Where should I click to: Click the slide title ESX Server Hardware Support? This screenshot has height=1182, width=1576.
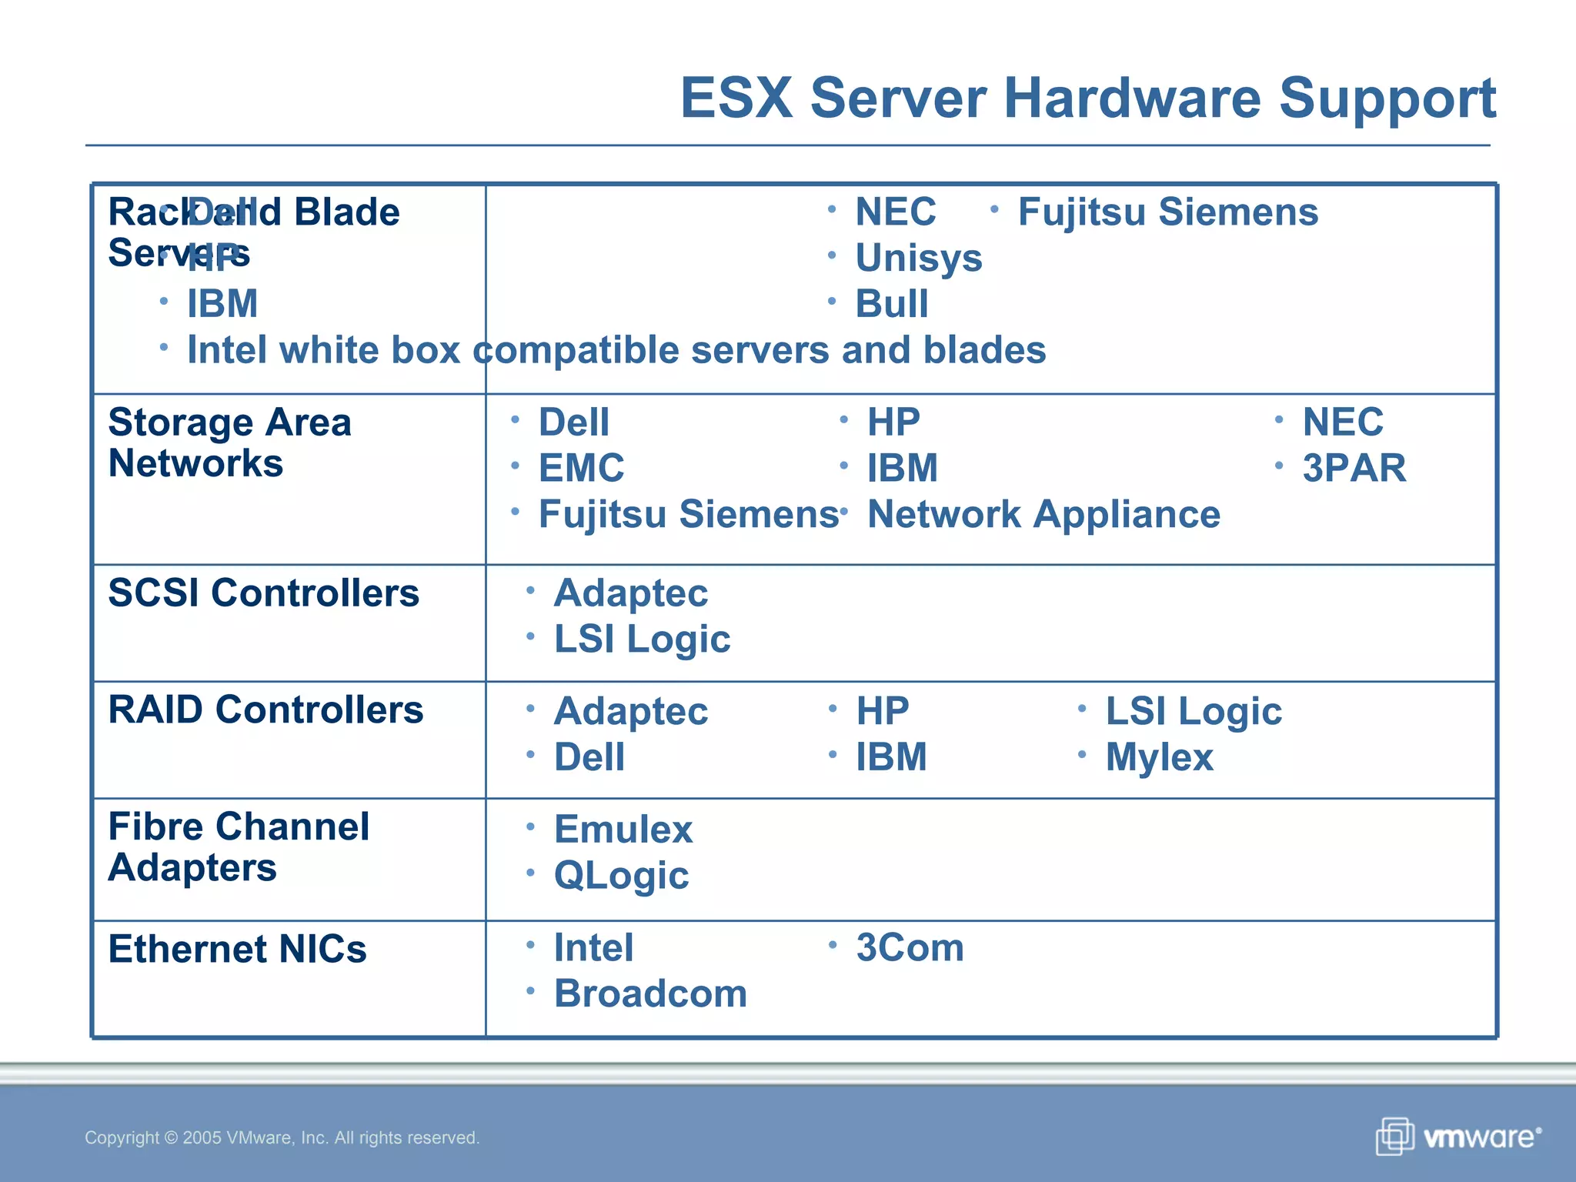tap(1087, 98)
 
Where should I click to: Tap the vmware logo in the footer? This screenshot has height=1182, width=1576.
tap(1459, 1137)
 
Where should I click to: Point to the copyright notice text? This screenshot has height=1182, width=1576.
tap(282, 1137)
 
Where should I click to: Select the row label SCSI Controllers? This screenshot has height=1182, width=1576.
tap(263, 593)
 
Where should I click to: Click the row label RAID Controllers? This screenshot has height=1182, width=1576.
tap(265, 710)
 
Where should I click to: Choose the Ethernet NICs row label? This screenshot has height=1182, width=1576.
tap(237, 949)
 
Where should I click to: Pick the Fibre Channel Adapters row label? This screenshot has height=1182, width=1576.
tap(239, 847)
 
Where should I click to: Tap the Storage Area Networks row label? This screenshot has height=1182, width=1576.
tap(229, 442)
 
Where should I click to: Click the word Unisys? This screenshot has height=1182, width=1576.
tap(919, 258)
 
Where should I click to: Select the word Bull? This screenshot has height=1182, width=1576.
tap(892, 304)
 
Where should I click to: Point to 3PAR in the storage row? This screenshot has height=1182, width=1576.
tap(1354, 468)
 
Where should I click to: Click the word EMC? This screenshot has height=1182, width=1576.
tap(581, 468)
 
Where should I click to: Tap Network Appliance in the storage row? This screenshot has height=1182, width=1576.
tap(1043, 514)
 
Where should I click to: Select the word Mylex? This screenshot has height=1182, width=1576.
tap(1159, 757)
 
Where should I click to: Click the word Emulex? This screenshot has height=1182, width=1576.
tap(623, 830)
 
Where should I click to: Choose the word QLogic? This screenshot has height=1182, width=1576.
tap(621, 876)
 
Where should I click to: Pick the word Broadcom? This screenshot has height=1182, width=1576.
tap(650, 993)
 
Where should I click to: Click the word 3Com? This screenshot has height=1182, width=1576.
tap(910, 947)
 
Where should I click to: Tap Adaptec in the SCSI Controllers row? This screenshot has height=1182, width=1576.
tap(630, 593)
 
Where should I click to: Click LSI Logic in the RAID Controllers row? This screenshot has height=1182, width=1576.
tap(1194, 711)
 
